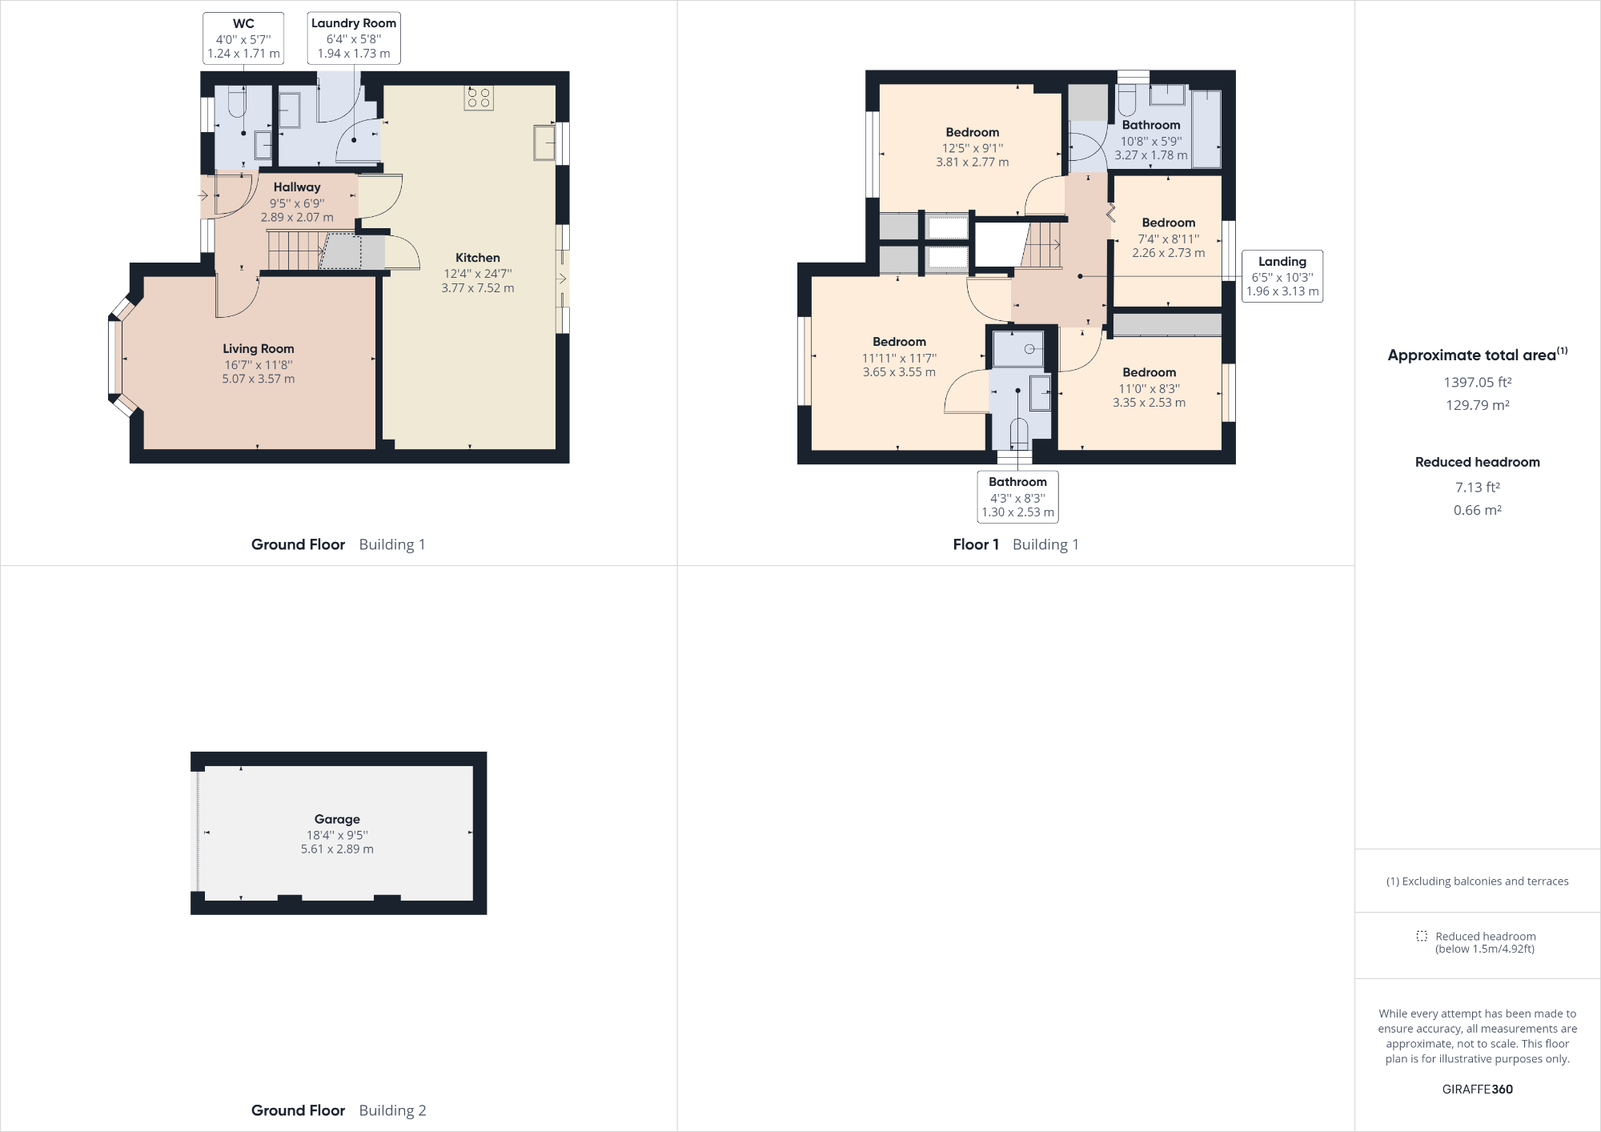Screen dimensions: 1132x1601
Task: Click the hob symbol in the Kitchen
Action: click(x=479, y=98)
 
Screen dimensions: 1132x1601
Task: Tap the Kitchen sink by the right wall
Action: click(x=545, y=143)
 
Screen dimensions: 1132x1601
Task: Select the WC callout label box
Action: click(x=243, y=38)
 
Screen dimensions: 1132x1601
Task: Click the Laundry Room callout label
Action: click(x=354, y=38)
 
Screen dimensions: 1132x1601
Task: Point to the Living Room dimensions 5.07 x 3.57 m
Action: click(x=258, y=379)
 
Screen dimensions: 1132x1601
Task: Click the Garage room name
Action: click(x=337, y=819)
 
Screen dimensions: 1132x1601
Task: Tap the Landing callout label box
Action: click(x=1282, y=276)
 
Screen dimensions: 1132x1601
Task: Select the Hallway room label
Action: click(x=296, y=187)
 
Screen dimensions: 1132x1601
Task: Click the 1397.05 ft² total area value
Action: click(x=1477, y=383)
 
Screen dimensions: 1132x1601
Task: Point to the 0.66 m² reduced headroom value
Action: click(x=1477, y=510)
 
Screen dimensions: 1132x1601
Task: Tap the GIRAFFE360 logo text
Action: click(x=1477, y=1089)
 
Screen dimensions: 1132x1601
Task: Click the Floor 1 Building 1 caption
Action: click(x=1015, y=544)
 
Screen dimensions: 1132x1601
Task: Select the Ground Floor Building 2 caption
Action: click(x=338, y=1110)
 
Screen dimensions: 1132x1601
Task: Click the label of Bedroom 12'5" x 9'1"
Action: click(x=972, y=133)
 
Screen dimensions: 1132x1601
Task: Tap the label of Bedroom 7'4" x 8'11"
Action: click(x=1168, y=223)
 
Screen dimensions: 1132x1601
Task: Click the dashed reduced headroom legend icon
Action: click(x=1421, y=936)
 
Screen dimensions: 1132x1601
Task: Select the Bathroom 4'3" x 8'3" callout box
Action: click(x=1017, y=497)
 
